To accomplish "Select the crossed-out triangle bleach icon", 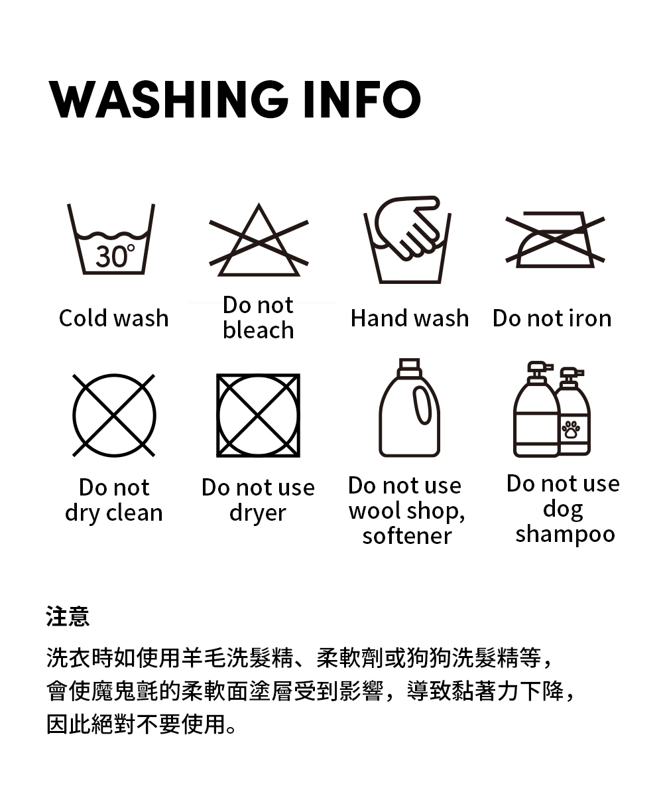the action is [259, 239].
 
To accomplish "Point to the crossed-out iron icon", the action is [555, 239].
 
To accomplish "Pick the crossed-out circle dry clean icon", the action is [114, 415].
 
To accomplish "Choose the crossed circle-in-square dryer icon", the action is [258, 415].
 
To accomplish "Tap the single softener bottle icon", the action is [409, 407].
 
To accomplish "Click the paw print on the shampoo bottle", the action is [570, 429].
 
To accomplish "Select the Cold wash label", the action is [113, 318].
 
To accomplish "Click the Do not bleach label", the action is [259, 317].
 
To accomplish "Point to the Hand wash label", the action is [410, 318].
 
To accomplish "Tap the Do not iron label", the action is [552, 318].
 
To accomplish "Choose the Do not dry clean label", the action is [114, 499].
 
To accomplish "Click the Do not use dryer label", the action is [258, 499].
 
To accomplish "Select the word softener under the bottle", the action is [407, 535].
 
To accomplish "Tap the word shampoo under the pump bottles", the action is [565, 534].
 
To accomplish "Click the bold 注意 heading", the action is [68, 616].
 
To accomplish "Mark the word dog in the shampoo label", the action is [563, 509].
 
